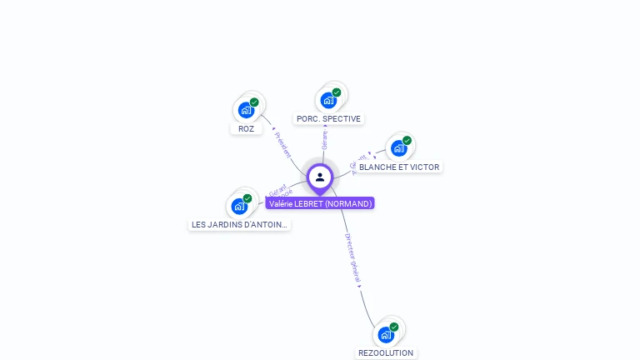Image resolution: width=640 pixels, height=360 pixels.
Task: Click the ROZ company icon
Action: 246,109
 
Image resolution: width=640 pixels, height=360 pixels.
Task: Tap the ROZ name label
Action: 246,129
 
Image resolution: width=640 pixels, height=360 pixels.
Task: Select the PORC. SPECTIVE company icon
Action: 328,99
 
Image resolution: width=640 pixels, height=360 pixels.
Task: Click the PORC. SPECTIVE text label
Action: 328,119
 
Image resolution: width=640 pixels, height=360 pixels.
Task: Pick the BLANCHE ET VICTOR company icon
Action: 399,147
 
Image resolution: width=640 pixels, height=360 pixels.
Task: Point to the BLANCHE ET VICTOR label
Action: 399,167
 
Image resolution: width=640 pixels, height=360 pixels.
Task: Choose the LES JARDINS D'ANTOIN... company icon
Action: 240,205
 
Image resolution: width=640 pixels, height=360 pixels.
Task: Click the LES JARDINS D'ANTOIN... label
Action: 240,225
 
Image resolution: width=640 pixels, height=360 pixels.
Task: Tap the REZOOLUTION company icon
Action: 386,333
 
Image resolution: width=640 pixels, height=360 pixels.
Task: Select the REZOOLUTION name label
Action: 386,353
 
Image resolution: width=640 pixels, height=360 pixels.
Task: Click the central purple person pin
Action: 320,177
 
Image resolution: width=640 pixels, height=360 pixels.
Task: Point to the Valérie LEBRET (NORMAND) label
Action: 320,203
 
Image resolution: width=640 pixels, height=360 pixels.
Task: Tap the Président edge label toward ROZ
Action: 282,144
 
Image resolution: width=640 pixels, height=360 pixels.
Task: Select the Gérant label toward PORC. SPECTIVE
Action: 325,140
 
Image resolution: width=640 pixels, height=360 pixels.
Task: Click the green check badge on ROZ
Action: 254,102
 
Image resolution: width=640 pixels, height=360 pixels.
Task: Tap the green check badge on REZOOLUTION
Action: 394,327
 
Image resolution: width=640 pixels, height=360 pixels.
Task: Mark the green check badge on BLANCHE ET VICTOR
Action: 407,141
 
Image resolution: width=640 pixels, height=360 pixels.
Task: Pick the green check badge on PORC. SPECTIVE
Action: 337,92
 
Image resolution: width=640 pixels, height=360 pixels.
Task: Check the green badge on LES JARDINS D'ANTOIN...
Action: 247,198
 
